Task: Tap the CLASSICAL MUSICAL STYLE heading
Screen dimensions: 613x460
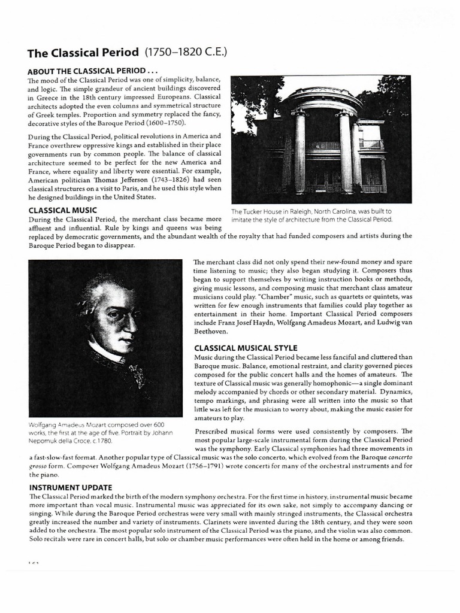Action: point(246,348)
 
